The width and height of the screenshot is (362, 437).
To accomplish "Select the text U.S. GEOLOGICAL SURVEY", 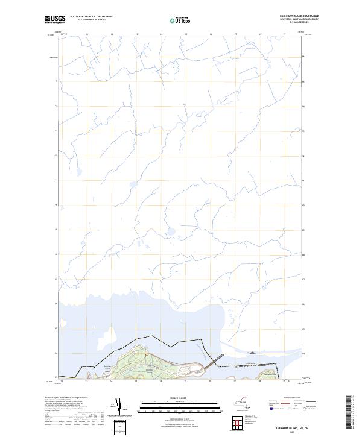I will point(92,20).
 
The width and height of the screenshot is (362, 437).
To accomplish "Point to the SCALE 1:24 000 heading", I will point(180,398).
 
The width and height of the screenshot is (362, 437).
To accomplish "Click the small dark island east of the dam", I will point(252,353).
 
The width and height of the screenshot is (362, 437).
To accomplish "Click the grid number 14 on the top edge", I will point(161,35).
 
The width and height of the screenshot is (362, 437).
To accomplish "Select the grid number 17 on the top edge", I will point(235,35).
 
